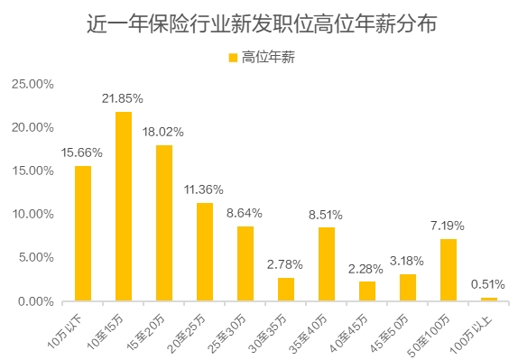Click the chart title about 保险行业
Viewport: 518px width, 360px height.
tap(259, 24)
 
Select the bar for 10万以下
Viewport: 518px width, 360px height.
tap(82, 233)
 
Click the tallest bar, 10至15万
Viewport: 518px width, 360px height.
tap(123, 206)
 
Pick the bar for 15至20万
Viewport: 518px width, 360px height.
tap(163, 223)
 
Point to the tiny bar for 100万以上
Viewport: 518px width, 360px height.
tap(488, 299)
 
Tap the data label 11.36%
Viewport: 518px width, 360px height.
tap(204, 189)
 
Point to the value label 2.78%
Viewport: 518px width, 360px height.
tap(285, 264)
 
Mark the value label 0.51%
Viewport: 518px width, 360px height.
tap(488, 284)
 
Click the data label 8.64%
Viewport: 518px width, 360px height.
tap(245, 213)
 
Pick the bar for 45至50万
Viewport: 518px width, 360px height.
tap(407, 287)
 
